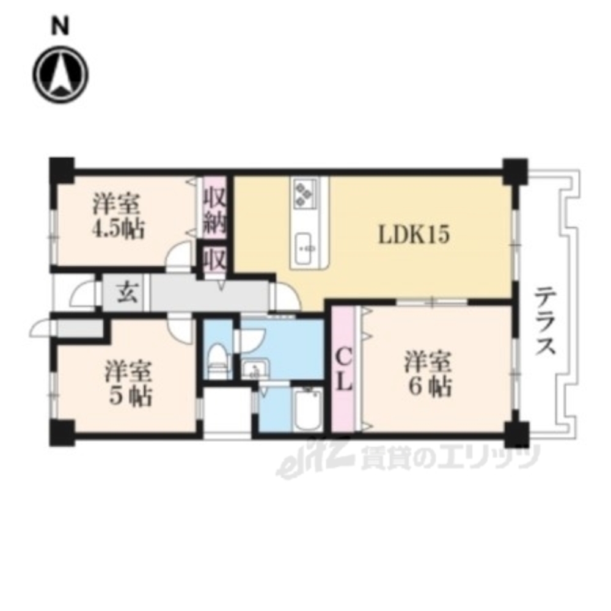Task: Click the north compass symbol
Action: [60, 75]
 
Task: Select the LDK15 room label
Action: [414, 235]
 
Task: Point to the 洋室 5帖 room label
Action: [128, 383]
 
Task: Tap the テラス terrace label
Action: [545, 321]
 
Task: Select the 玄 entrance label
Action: [128, 293]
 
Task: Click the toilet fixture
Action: [218, 360]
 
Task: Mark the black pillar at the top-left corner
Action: [62, 170]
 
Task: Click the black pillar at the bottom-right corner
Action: [517, 434]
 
